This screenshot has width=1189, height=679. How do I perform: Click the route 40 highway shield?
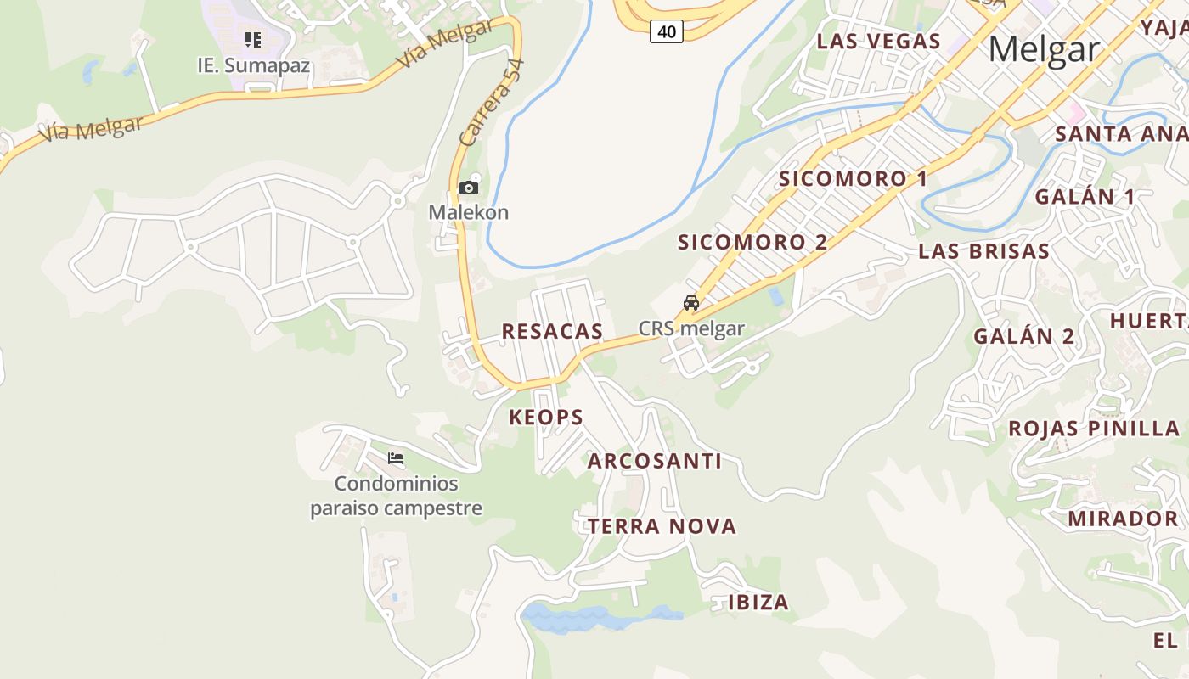pos(667,32)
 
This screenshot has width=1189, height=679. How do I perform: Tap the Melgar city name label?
pos(1044,49)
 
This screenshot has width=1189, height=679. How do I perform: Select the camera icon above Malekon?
pos(468,188)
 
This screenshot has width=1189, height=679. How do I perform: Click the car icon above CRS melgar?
pos(691,303)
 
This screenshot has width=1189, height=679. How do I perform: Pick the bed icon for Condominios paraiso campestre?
pos(396,458)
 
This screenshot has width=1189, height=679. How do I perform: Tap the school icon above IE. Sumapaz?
pos(252,39)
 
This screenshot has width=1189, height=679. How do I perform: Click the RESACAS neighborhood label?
pos(552,331)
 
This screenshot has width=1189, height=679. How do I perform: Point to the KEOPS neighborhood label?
pos(546,417)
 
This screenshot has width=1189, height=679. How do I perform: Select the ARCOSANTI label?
pos(654,461)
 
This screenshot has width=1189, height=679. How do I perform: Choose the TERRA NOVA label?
pos(662,526)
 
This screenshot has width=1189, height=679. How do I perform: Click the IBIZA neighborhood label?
pos(758,603)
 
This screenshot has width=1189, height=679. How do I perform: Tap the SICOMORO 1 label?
pos(853,178)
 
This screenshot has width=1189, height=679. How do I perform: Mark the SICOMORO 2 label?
pos(752,242)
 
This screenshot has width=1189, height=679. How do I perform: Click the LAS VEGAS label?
pos(878,41)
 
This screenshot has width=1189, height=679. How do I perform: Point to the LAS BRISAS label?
pos(983,251)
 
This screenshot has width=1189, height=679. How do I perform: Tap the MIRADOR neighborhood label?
pos(1123,519)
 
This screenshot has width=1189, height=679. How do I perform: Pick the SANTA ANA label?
pos(1119,133)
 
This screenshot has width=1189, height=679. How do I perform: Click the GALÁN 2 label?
pos(1023,336)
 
